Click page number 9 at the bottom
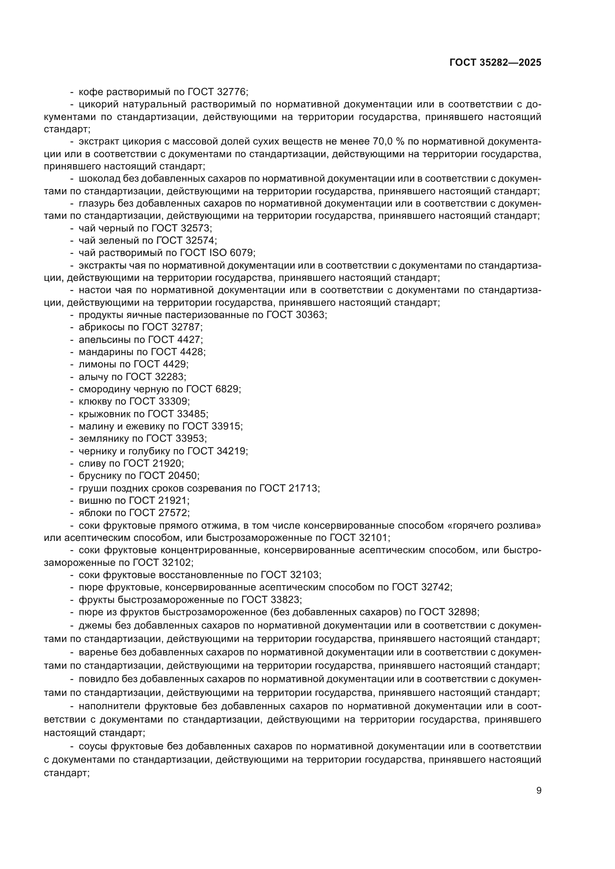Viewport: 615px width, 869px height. pyautogui.click(x=538, y=790)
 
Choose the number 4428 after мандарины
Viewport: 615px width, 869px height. pyautogui.click(x=191, y=352)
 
